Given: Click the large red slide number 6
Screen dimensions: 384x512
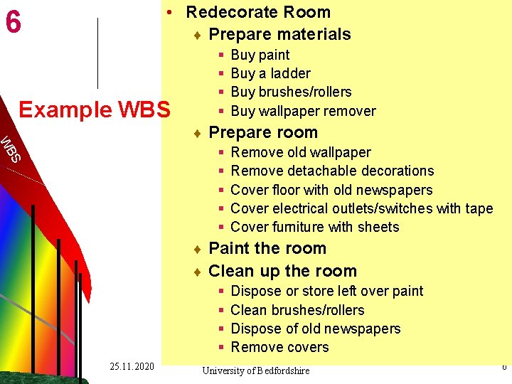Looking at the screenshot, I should [13, 23].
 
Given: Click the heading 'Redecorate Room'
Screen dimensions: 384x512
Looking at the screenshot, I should [258, 12].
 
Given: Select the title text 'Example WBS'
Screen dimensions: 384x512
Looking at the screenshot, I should [94, 110].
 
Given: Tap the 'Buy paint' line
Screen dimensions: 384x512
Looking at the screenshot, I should [260, 55].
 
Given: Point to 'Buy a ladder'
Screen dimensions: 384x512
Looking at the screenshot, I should [270, 73].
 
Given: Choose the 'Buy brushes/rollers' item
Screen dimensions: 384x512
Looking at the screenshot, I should [291, 92].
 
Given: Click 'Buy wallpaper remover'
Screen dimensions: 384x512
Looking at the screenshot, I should [303, 111].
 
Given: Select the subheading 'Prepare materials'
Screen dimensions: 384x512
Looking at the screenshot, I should [279, 34].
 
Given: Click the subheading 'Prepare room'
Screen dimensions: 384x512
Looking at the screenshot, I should [263, 132].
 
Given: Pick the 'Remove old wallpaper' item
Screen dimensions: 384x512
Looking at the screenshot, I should [301, 152].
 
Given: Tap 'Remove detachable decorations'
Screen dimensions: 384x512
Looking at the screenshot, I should [332, 171].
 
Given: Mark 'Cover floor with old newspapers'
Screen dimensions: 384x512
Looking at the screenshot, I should [331, 190].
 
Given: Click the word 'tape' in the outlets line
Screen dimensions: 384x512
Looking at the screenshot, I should [478, 208].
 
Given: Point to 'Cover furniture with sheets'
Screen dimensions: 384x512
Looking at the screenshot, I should [315, 227].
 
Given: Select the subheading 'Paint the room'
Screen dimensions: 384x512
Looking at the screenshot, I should [267, 248].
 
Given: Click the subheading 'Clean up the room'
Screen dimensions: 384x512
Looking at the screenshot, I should [282, 271].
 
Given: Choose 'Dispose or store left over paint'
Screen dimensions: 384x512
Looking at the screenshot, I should [327, 291].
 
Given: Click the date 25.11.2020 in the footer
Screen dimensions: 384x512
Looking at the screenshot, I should [132, 366].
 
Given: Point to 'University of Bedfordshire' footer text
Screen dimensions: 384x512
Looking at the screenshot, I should [256, 370].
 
